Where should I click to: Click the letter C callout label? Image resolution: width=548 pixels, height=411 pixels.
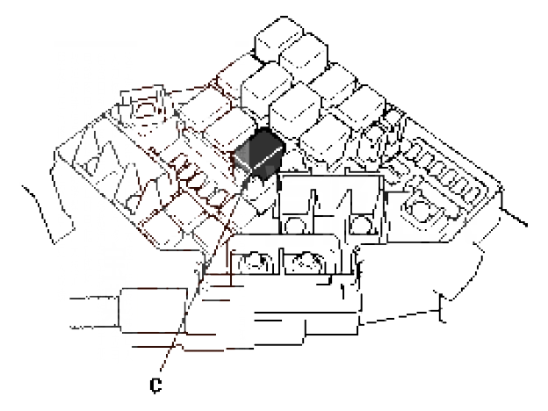pyautogui.click(x=155, y=386)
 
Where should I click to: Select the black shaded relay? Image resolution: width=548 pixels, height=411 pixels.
pyautogui.click(x=258, y=153)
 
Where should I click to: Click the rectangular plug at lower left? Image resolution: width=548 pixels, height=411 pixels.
pyautogui.click(x=153, y=310)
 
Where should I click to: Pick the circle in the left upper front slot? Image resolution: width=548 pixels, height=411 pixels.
pyautogui.click(x=294, y=226)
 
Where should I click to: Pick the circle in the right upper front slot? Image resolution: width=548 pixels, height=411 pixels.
pyautogui.click(x=360, y=225)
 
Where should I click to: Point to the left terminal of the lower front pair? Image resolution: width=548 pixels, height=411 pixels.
pyautogui.click(x=256, y=263)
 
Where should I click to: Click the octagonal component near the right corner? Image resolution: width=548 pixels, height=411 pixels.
pyautogui.click(x=422, y=211)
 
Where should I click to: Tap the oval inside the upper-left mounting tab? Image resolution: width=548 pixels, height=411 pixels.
pyautogui.click(x=148, y=109)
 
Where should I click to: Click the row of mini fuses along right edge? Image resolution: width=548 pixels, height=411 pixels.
pyautogui.click(x=443, y=170)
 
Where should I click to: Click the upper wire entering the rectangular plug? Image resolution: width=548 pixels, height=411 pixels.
pyautogui.click(x=94, y=298)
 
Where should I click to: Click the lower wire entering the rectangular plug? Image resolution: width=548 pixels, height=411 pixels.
pyautogui.click(x=95, y=328)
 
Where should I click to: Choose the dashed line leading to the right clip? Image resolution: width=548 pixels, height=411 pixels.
pyautogui.click(x=399, y=317)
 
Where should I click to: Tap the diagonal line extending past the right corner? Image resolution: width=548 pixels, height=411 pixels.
pyautogui.click(x=514, y=218)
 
